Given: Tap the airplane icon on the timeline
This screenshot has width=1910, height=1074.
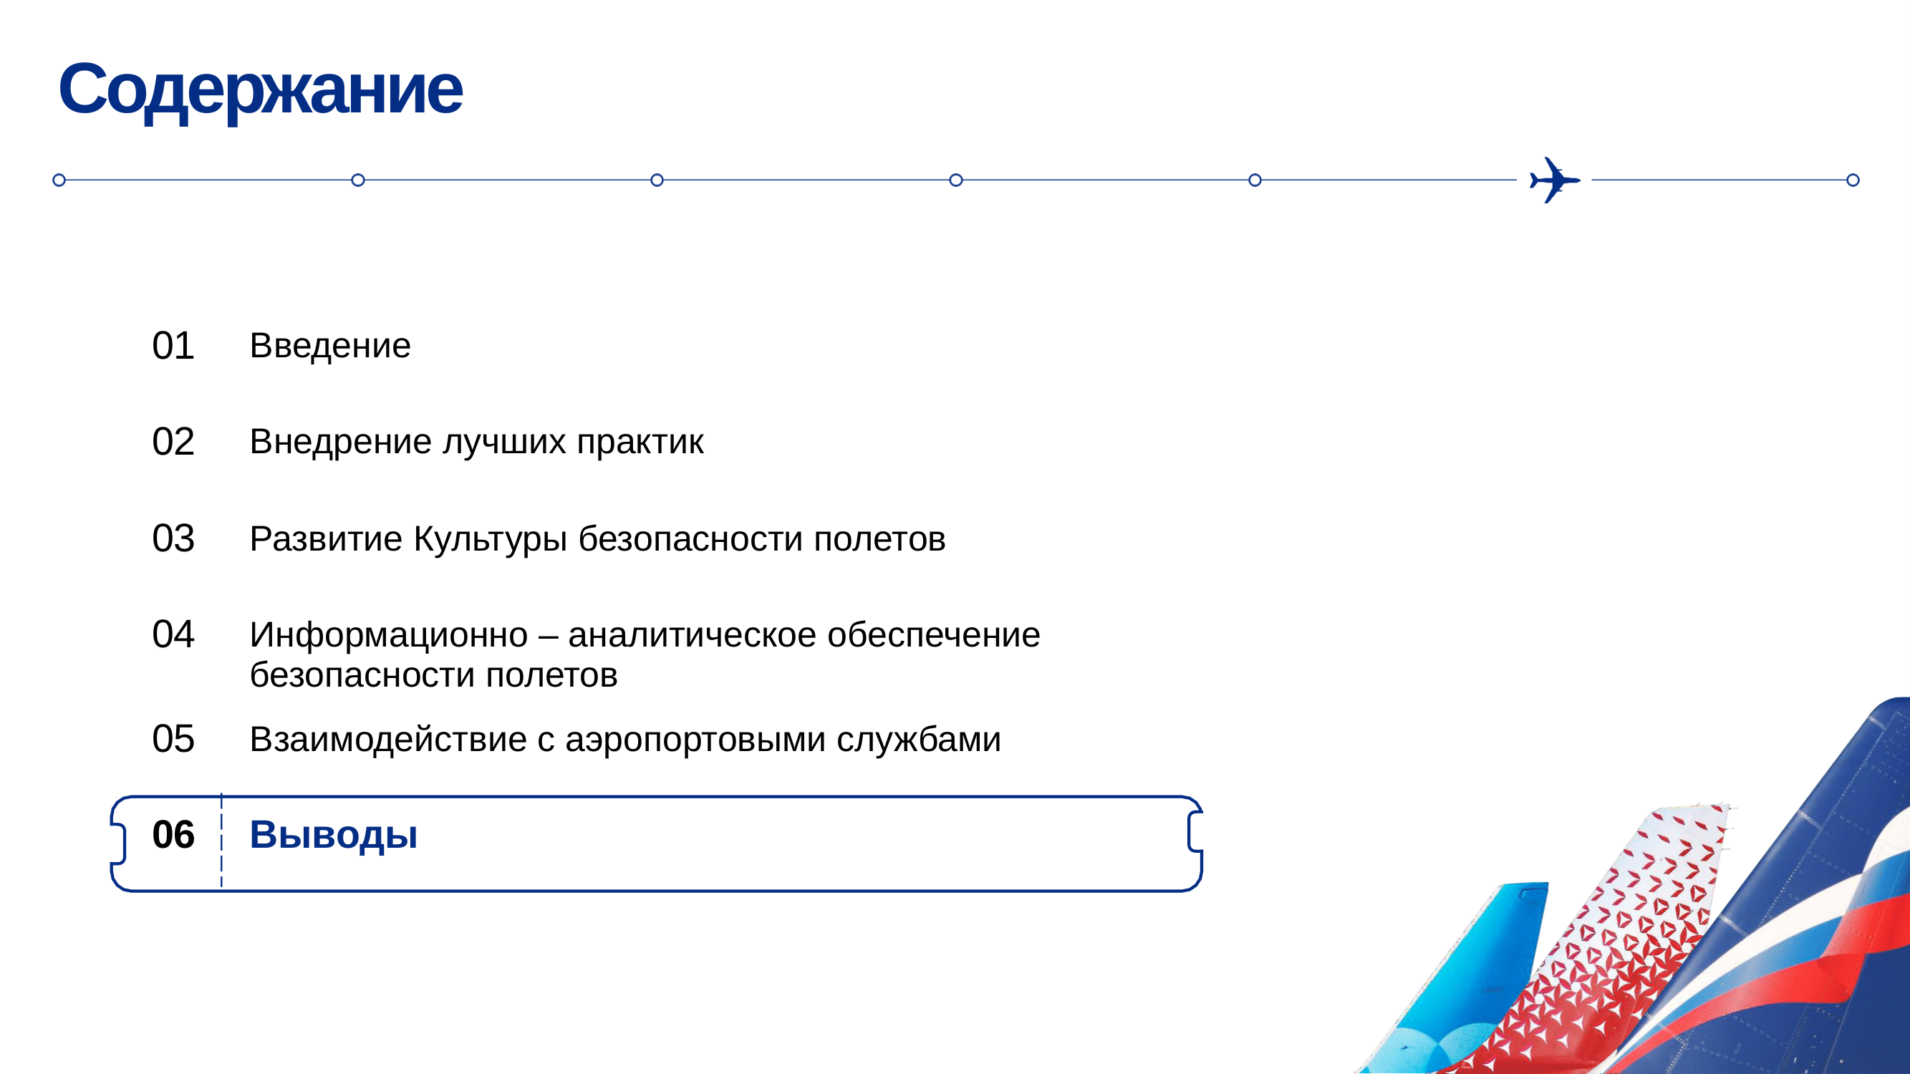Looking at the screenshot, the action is [x=1554, y=180].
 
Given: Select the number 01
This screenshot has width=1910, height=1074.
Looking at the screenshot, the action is [x=173, y=345].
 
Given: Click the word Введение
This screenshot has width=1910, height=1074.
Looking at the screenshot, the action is [x=330, y=346].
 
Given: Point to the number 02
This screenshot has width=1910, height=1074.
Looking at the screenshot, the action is [x=173, y=442].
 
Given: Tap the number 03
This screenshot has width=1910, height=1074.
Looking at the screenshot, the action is [x=173, y=538].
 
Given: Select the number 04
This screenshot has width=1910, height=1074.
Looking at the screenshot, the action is [x=173, y=634].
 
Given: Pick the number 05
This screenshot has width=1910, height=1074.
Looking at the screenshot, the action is [x=173, y=739].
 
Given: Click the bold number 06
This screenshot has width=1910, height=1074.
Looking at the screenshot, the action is [x=173, y=835].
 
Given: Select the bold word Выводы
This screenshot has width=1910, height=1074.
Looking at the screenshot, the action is [x=334, y=836].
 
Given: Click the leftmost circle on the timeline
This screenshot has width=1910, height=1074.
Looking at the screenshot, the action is [x=59, y=180].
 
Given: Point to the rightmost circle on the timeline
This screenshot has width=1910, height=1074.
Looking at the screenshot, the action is [x=1853, y=180].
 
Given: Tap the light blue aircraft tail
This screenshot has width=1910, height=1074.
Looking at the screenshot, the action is [x=1475, y=986].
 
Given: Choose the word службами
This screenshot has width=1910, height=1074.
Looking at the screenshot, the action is [x=919, y=740].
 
